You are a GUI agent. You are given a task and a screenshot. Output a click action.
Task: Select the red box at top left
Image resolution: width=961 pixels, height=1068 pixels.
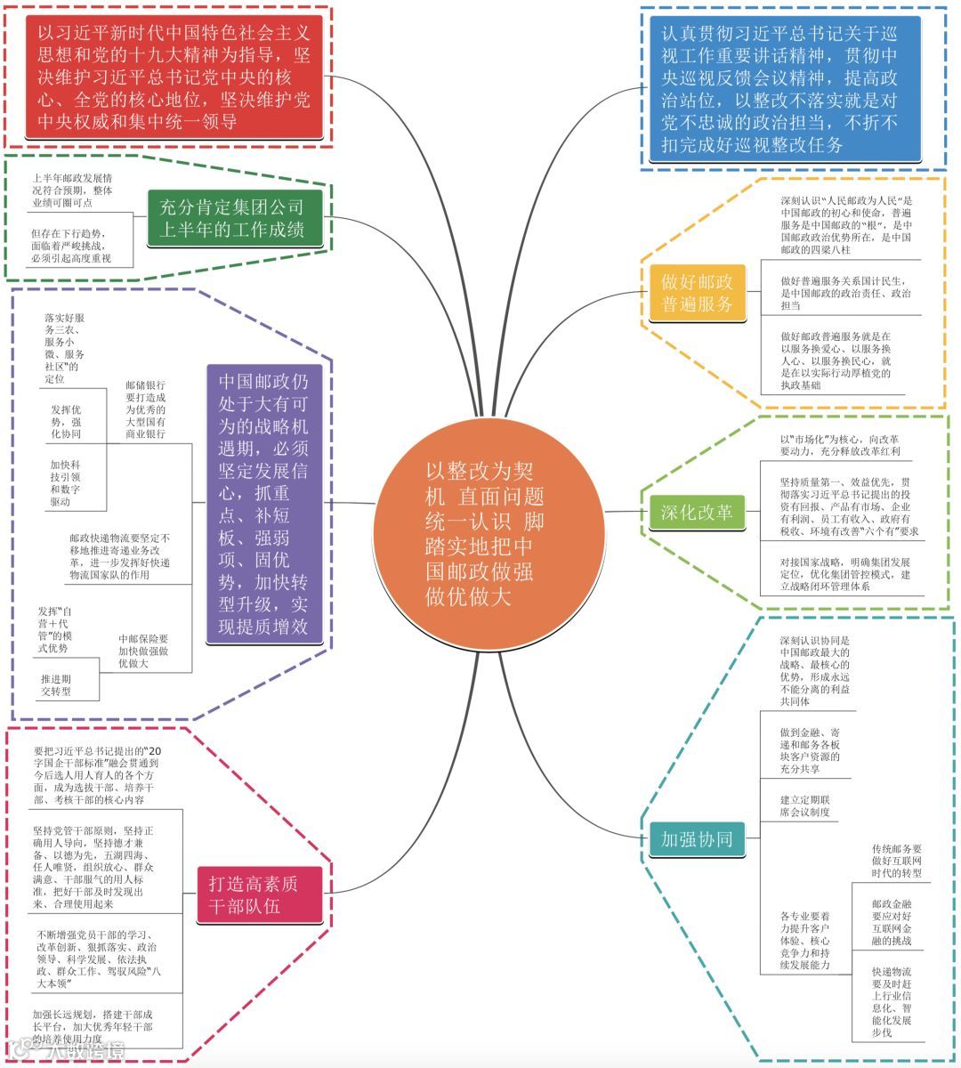click(174, 77)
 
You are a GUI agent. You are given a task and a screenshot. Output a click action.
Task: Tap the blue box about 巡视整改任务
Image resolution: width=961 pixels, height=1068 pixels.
click(779, 89)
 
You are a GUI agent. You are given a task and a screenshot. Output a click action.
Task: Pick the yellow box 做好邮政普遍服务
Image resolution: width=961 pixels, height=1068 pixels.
click(698, 293)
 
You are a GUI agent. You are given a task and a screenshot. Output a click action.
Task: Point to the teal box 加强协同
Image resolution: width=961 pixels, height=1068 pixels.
click(698, 838)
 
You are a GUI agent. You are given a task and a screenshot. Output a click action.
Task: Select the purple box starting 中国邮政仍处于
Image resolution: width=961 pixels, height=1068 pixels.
click(263, 504)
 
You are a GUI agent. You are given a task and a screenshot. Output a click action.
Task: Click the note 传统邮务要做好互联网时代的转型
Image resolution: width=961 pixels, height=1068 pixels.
click(896, 862)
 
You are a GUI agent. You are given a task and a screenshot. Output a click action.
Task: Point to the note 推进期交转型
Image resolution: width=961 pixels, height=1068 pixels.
click(55, 684)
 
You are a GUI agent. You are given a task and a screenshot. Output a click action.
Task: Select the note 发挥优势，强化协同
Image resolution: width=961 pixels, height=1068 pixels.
click(66, 422)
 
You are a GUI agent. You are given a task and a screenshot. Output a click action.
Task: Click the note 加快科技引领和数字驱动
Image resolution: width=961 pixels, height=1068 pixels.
click(66, 483)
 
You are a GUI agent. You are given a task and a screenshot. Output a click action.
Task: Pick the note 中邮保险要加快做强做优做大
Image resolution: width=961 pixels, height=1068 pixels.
click(143, 651)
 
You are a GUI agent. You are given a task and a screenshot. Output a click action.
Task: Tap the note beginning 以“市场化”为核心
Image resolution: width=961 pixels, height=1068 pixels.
click(839, 445)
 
